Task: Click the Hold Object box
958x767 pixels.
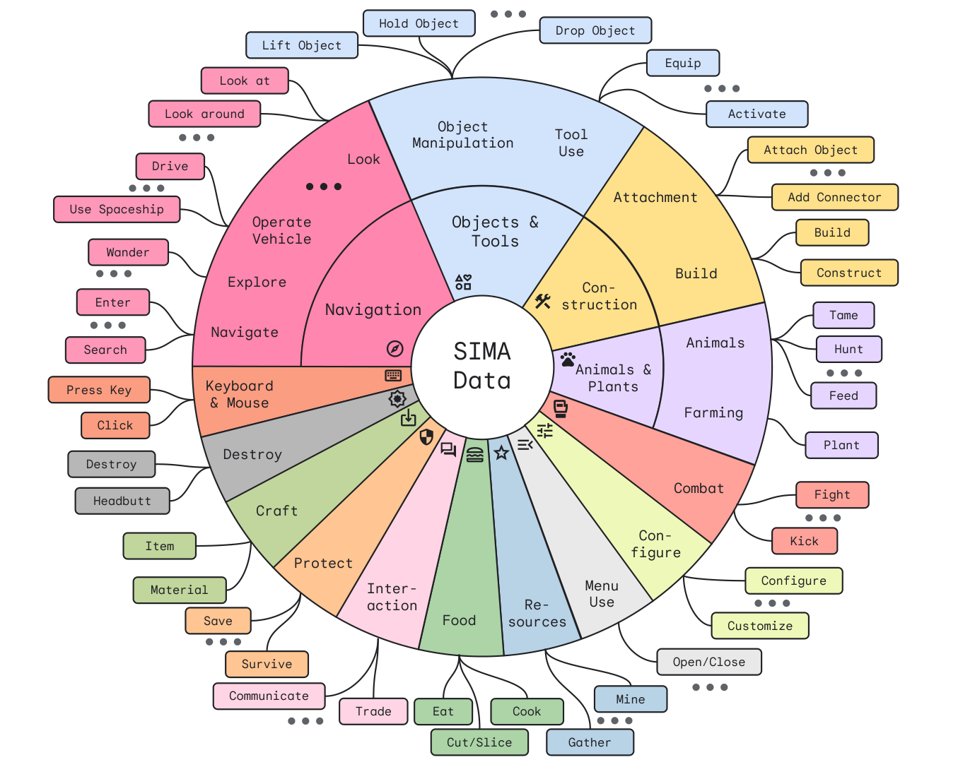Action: click(419, 23)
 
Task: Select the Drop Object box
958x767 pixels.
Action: click(595, 30)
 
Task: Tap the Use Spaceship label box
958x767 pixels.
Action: click(117, 209)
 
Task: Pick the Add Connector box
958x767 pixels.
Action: click(834, 197)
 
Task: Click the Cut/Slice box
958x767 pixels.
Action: click(479, 742)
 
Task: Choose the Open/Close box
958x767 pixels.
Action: click(708, 662)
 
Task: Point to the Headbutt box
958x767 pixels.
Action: click(122, 501)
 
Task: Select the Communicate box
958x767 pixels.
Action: click(269, 696)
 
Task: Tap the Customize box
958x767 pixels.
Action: click(759, 626)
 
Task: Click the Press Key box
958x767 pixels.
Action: click(99, 390)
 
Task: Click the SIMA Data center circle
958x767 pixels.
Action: click(482, 366)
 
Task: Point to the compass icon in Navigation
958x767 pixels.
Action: click(395, 348)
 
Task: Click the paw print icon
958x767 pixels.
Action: click(568, 359)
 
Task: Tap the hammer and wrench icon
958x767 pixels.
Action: click(542, 302)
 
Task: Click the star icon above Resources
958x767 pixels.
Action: click(501, 453)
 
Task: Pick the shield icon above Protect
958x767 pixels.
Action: click(426, 437)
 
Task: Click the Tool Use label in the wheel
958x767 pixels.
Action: click(571, 143)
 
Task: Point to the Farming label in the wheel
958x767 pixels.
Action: click(713, 412)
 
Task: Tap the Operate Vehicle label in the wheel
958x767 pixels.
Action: click(281, 230)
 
